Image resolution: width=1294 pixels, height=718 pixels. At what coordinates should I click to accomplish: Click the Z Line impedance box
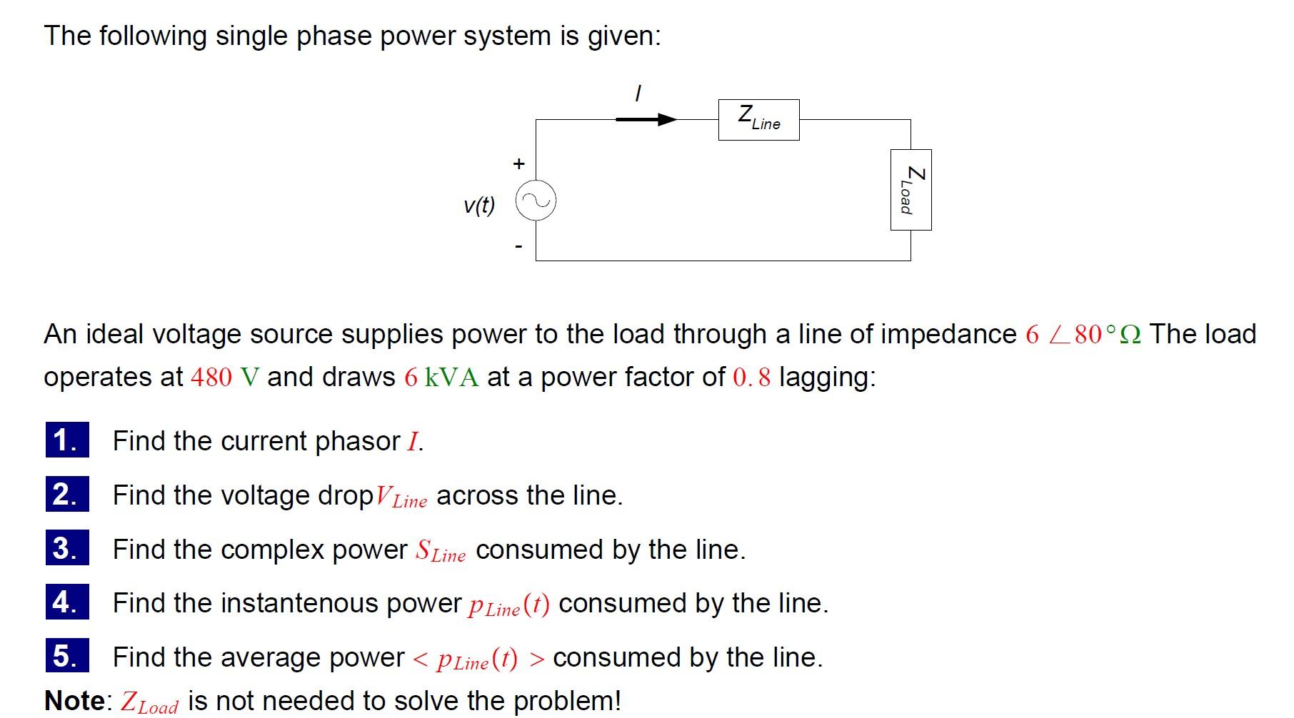pyautogui.click(x=758, y=120)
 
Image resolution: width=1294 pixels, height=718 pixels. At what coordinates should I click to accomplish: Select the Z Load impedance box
pyautogui.click(x=911, y=190)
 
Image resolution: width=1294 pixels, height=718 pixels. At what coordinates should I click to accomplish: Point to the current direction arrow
pyautogui.click(x=646, y=119)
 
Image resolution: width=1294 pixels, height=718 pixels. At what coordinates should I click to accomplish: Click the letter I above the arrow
pyautogui.click(x=638, y=93)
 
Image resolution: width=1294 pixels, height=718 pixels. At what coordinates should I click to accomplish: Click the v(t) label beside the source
pyautogui.click(x=478, y=206)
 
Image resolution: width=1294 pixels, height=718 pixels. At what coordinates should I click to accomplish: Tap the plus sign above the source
pyautogui.click(x=519, y=163)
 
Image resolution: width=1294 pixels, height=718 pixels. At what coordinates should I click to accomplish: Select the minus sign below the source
pyautogui.click(x=519, y=247)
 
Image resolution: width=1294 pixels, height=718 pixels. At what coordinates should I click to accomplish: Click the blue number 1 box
pyautogui.click(x=67, y=440)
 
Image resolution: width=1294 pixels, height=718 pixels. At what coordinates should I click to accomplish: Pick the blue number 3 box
pyautogui.click(x=67, y=548)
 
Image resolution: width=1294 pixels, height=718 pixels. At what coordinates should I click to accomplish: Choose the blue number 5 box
pyautogui.click(x=67, y=656)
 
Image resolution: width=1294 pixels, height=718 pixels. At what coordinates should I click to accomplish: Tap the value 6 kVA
pyautogui.click(x=441, y=377)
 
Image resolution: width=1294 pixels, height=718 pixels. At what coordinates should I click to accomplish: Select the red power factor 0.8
pyautogui.click(x=752, y=377)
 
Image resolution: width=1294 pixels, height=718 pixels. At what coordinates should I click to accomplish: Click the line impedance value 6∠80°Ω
pyautogui.click(x=1083, y=334)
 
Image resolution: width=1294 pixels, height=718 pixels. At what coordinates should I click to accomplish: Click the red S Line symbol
pyautogui.click(x=440, y=551)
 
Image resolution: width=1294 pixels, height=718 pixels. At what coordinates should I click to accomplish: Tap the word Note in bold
pyautogui.click(x=75, y=700)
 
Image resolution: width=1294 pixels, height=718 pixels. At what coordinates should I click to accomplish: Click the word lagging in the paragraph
pyautogui.click(x=826, y=377)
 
